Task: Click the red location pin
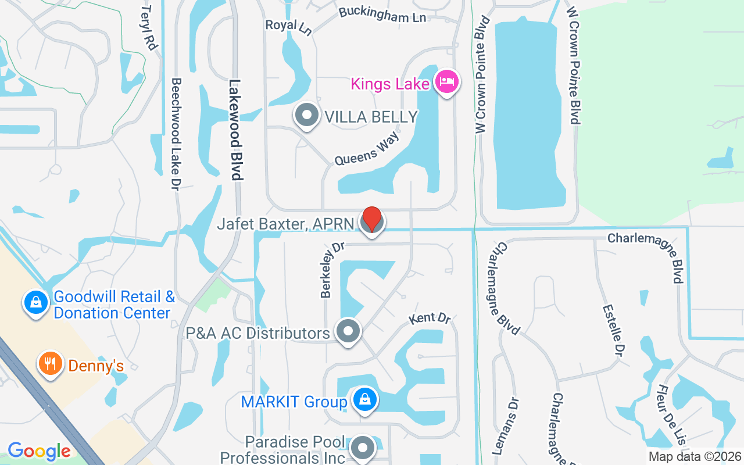point(372,220)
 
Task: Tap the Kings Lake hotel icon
point(446,82)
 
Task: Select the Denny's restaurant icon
point(51,364)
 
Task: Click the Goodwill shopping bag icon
point(36,303)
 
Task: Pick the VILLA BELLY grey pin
point(307,115)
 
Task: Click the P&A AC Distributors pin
point(348,331)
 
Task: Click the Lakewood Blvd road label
point(235,130)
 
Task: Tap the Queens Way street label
point(367,149)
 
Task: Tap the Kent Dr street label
point(430,318)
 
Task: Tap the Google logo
point(39,451)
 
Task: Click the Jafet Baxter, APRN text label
point(285,224)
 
